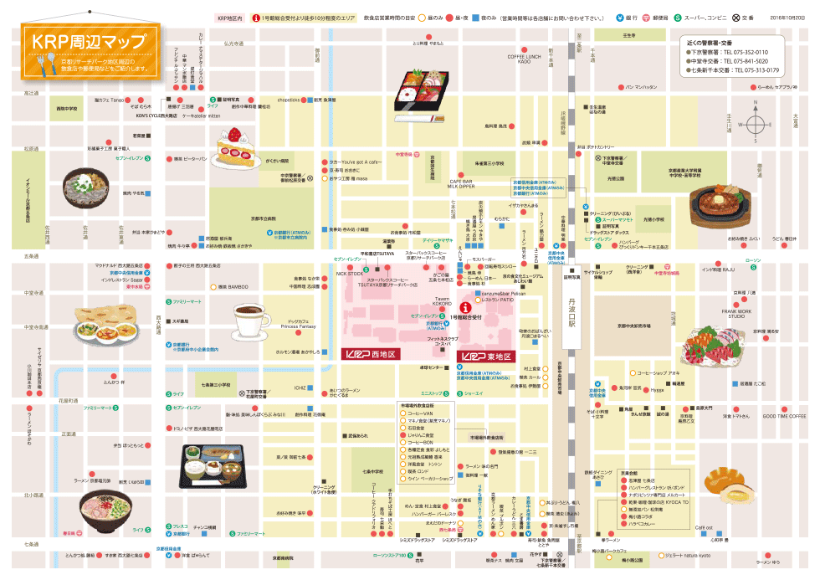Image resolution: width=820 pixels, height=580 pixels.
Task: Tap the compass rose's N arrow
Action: click(756, 108)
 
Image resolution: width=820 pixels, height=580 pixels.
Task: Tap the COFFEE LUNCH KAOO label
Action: click(524, 59)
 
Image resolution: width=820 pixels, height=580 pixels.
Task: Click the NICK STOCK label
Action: click(350, 274)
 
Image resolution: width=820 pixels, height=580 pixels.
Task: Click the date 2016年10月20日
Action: click(786, 16)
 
